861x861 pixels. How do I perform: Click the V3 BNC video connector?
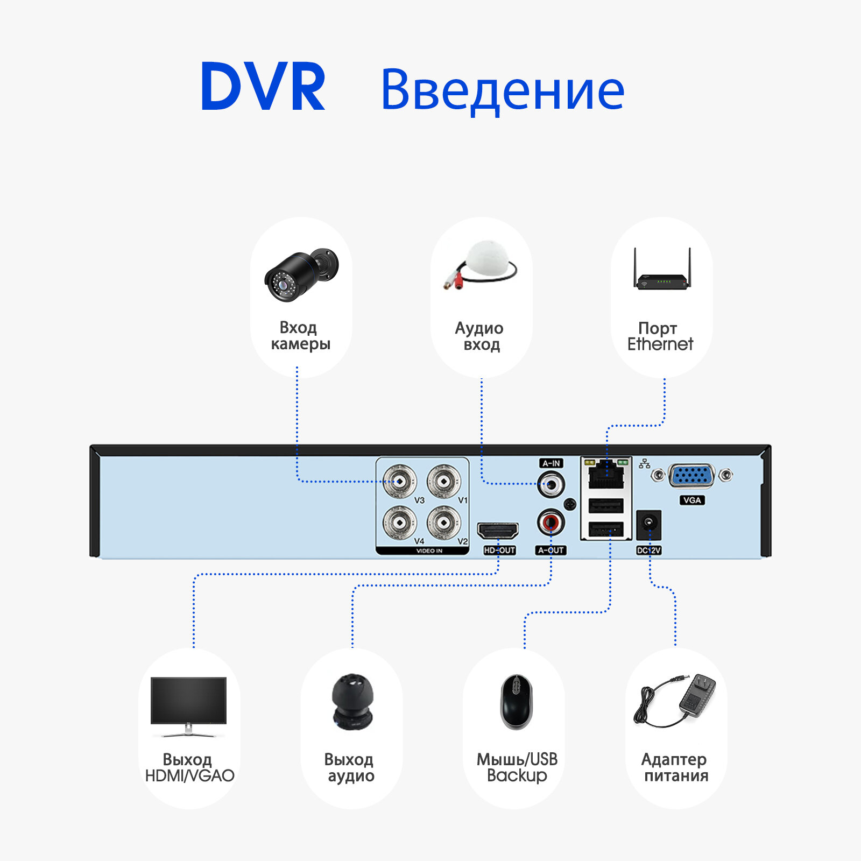coord(399,481)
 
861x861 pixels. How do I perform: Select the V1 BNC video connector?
coord(443,481)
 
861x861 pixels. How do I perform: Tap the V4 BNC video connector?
coord(399,522)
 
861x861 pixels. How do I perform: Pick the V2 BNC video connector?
coord(443,522)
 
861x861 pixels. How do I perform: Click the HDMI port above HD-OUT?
coord(498,531)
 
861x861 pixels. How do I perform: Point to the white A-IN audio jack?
coord(551,484)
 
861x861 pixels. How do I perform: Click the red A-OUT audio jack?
coord(551,521)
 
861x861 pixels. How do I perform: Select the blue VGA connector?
coord(691,476)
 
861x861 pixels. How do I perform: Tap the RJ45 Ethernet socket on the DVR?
coord(606,476)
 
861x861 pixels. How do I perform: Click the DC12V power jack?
coord(648,524)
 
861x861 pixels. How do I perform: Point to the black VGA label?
coord(691,500)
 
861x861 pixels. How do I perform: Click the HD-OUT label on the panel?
coord(499,550)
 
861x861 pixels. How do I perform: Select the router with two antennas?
coord(662,274)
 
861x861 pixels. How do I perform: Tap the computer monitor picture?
coord(188,705)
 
